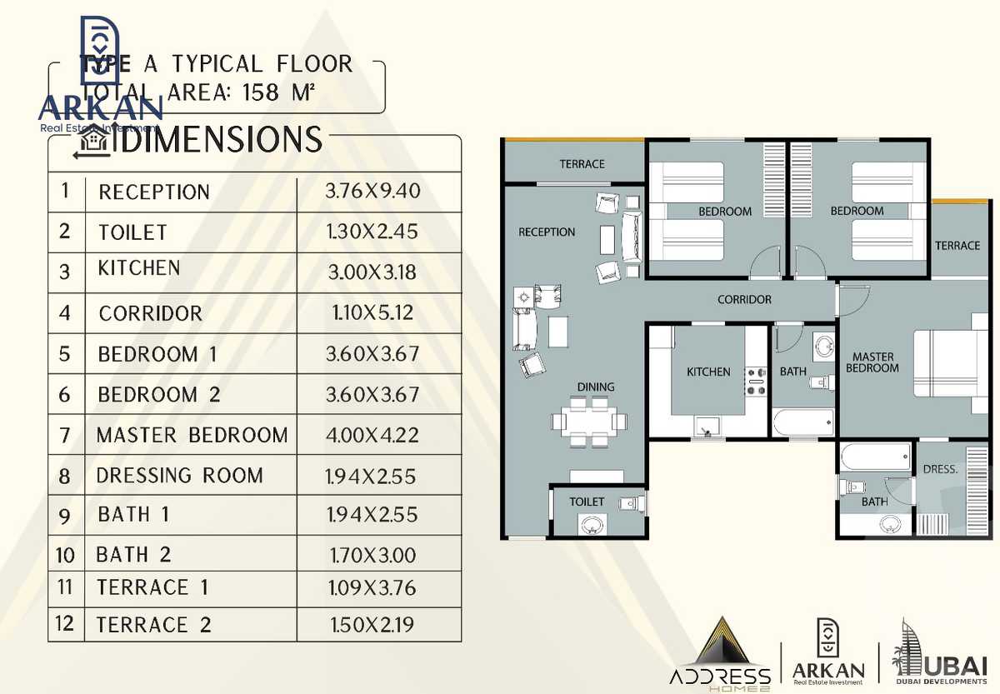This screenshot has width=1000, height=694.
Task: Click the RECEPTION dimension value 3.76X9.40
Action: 372,192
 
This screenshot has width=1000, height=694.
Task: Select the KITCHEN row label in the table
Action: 138,268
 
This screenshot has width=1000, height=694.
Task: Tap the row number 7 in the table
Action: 66,434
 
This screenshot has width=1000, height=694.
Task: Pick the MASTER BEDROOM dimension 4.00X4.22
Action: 372,435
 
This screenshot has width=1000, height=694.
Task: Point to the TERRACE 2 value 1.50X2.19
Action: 372,624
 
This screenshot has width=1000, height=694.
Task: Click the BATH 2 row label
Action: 134,555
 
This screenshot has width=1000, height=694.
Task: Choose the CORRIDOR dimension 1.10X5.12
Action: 372,313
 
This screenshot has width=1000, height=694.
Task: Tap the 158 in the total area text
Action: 261,91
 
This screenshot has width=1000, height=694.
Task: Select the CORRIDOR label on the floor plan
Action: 744,299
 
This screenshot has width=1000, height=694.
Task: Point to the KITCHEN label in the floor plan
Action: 708,372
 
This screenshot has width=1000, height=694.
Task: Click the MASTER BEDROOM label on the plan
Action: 872,362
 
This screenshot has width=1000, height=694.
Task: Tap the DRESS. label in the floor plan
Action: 940,469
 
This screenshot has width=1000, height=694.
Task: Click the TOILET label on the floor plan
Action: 587,502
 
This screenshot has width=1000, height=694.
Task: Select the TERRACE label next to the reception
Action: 582,164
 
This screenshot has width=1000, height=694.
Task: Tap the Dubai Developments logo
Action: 937,654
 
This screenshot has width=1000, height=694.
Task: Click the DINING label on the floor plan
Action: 595,387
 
